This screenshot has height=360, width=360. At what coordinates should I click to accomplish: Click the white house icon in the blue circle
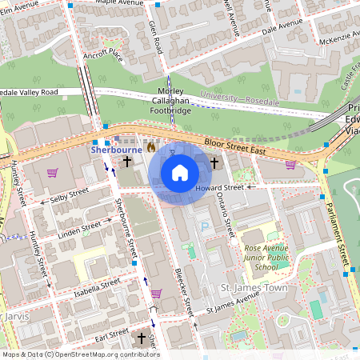pyautogui.click(x=180, y=173)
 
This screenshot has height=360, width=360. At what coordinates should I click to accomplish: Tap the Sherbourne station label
pyautogui.click(x=116, y=149)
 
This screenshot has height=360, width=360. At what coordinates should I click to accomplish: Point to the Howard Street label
pyautogui.click(x=218, y=187)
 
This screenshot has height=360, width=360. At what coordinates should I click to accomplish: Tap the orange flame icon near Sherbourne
pyautogui.click(x=151, y=148)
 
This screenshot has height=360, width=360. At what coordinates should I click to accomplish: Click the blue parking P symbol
pyautogui.click(x=204, y=227)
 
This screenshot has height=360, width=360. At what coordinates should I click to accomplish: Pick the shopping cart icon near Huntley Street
pyautogui.click(x=52, y=172)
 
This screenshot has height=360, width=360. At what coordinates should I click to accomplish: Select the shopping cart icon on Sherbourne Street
pyautogui.click(x=156, y=293)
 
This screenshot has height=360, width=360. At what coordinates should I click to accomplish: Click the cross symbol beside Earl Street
pyautogui.click(x=142, y=338)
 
